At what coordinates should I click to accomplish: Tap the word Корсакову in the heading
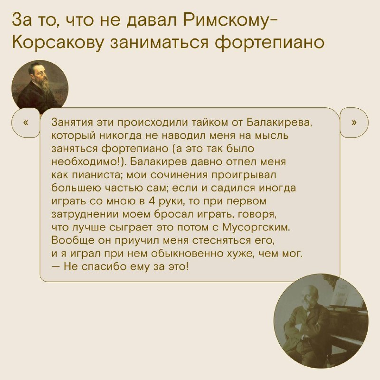click(57, 42)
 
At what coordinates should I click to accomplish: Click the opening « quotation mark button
click(26, 123)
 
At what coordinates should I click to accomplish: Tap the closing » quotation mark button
click(354, 123)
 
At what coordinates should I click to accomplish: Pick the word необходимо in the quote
click(84, 161)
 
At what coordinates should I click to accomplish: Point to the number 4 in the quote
click(152, 201)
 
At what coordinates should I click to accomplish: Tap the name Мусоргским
click(256, 228)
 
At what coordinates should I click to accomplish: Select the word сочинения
click(179, 175)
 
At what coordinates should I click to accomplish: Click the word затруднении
click(86, 215)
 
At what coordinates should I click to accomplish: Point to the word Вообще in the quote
click(73, 240)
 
